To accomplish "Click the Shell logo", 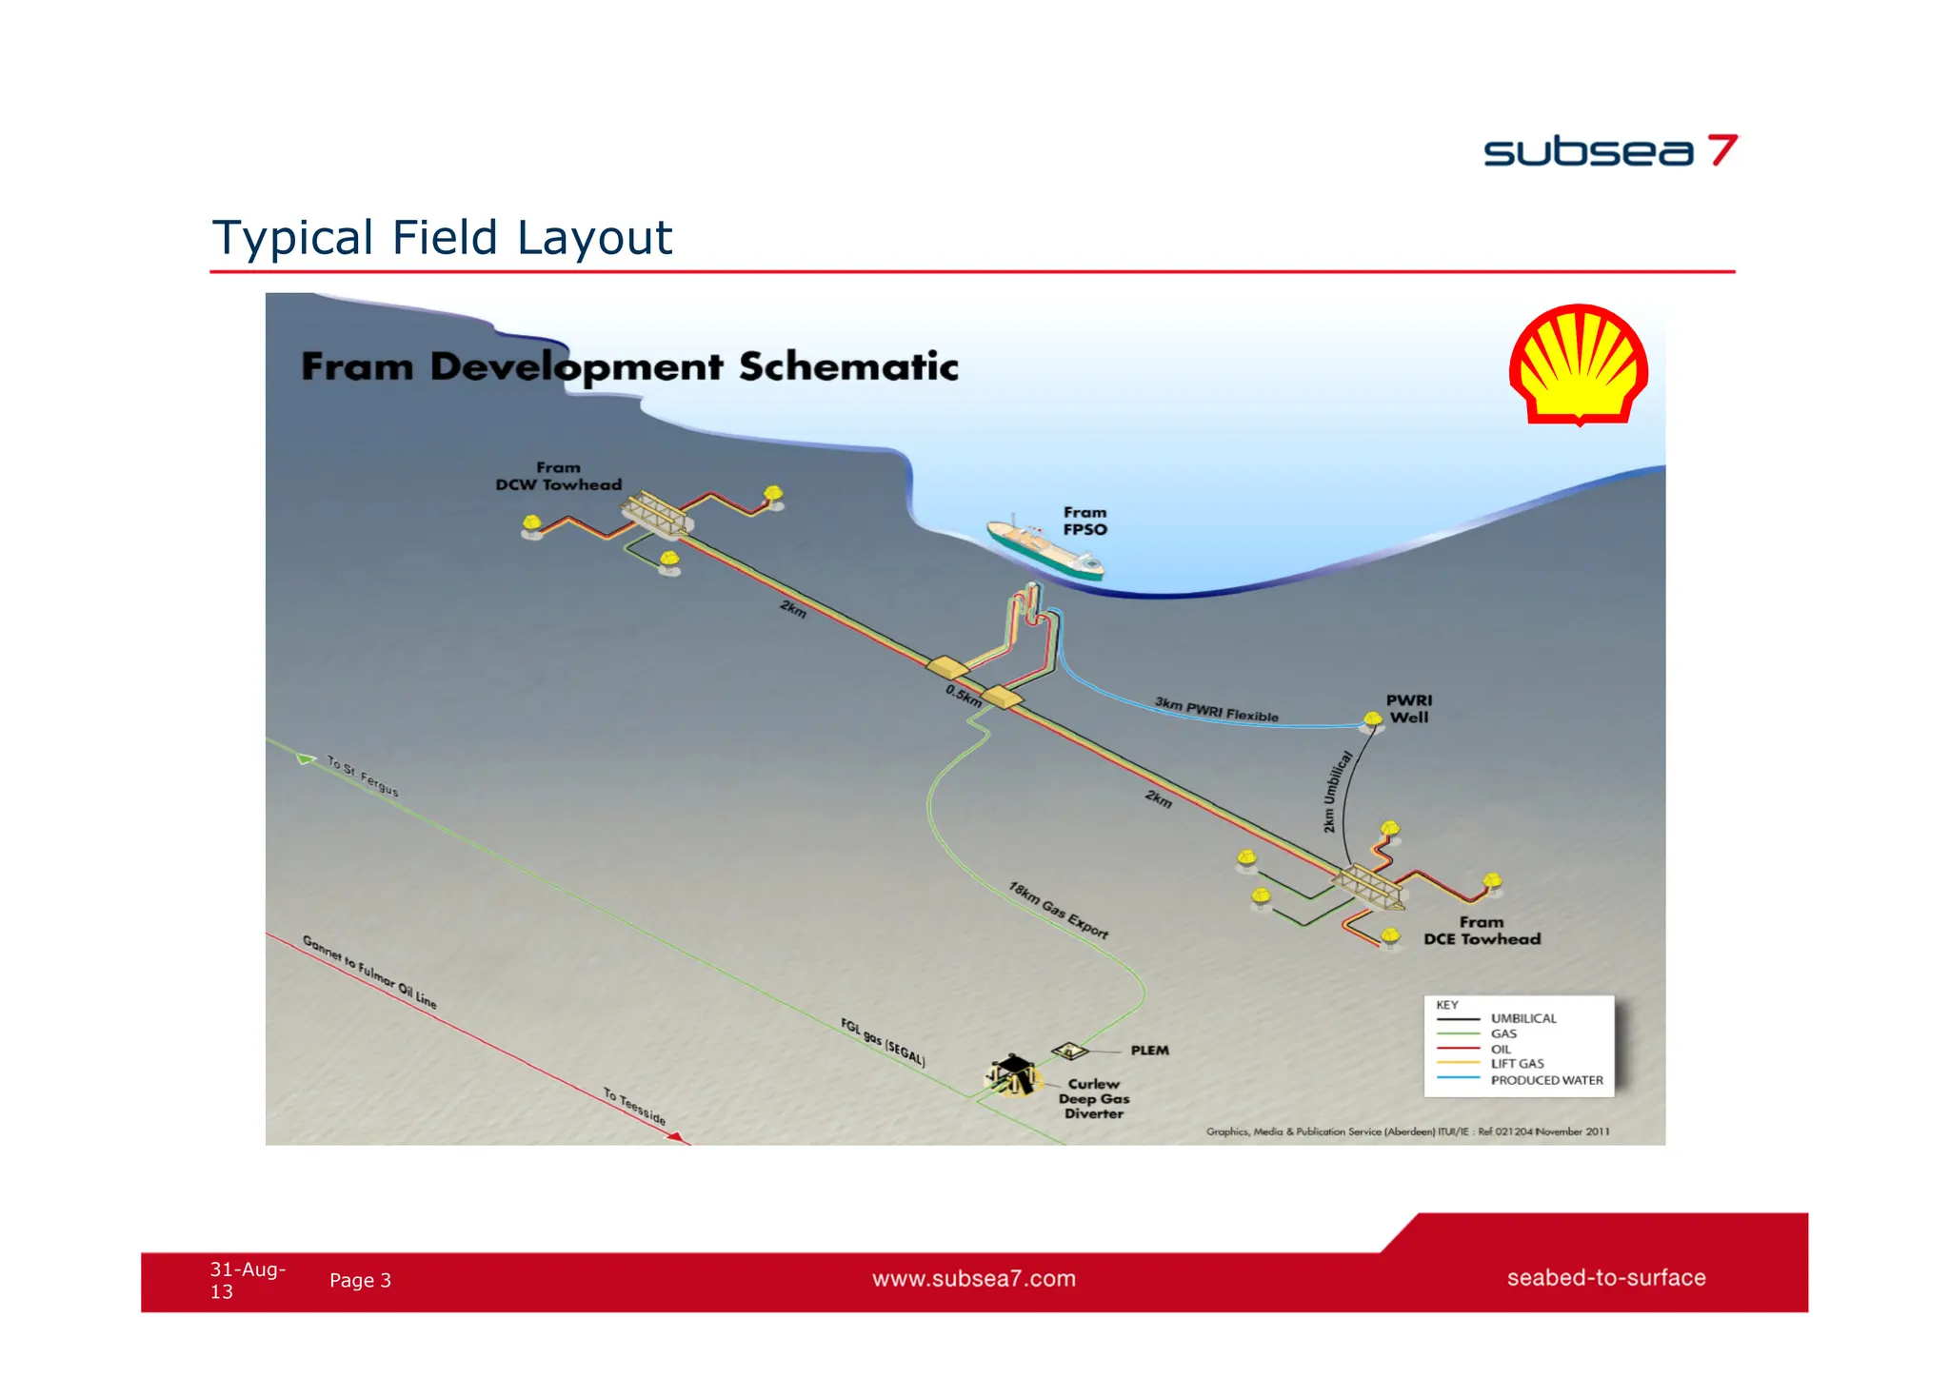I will (1579, 364).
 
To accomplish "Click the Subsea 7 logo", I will (1610, 151).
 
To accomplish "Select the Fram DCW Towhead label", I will (559, 476).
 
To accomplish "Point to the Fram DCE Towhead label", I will (1482, 931).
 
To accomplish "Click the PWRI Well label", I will (1408, 709).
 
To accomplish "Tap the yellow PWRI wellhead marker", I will (1372, 720).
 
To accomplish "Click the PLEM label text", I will (1149, 1051).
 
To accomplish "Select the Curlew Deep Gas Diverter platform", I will (1011, 1074).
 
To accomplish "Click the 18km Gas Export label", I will (1058, 910).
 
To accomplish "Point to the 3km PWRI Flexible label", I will (1216, 709).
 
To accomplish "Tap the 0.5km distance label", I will (964, 696).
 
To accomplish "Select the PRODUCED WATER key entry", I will (1546, 1080).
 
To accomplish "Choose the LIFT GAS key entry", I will (1517, 1064).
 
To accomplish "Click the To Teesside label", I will (634, 1107).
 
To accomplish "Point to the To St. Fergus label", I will (363, 776).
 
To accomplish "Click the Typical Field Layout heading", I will (442, 237).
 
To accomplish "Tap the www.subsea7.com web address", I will (974, 1278).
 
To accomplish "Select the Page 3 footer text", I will (360, 1280).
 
